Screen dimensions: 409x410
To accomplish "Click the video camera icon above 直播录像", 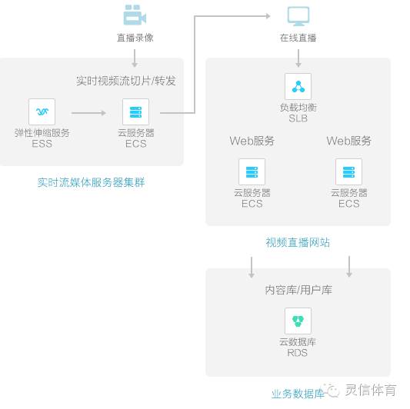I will coord(135,15).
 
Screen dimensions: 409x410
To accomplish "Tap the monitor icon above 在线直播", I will coord(298,15).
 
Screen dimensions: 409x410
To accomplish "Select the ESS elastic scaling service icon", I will coord(42,112).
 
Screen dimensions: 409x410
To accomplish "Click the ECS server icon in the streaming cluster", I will coord(135,112).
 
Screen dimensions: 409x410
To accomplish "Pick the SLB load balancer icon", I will coord(298,87).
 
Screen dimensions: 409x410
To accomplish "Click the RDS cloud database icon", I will coord(298,321).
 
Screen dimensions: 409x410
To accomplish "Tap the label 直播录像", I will coord(135,38).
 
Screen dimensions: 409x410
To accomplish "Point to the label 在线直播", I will coord(298,38).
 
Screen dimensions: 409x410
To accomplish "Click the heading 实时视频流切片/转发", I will coord(125,81).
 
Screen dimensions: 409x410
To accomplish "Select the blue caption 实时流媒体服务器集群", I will coord(91,182).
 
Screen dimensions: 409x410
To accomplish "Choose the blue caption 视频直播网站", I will coord(298,242).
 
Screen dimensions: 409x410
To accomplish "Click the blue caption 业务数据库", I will coord(298,394).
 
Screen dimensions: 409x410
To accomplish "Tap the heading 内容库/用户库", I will coord(298,291).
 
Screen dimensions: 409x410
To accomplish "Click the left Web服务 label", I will coord(252,141).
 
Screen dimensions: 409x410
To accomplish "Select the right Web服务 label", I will coord(348,141).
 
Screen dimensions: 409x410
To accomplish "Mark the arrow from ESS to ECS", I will coord(88,113).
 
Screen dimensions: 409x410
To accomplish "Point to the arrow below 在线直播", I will coord(298,58).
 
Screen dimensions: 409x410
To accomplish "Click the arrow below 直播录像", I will coord(135,58).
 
